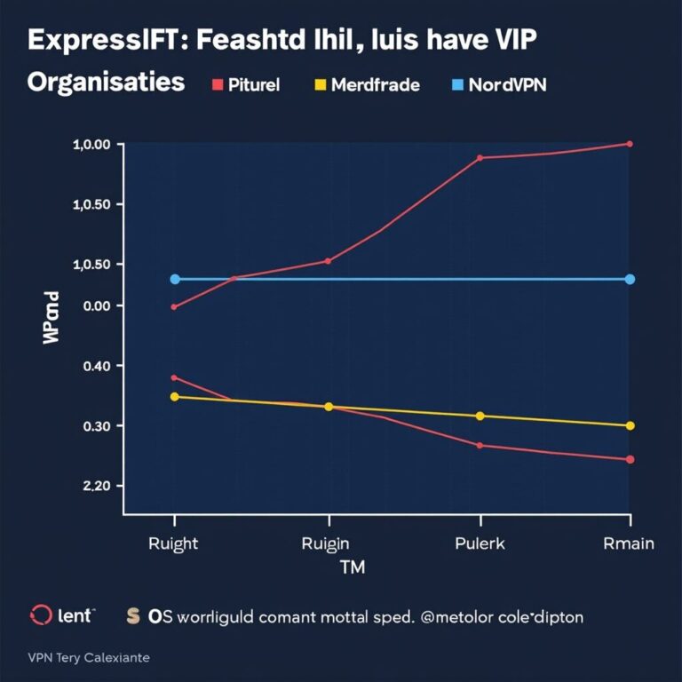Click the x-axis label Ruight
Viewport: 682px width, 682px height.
pos(173,543)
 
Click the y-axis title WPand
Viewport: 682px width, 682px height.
pos(52,317)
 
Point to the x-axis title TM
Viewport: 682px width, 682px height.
pos(353,567)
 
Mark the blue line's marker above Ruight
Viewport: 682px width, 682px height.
pos(175,279)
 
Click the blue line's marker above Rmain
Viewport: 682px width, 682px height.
pos(630,279)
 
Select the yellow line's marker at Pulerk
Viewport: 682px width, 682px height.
pos(480,416)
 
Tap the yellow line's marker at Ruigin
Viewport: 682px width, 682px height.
pos(329,407)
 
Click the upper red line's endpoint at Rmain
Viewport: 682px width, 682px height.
pos(630,143)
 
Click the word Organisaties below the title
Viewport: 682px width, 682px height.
pos(106,83)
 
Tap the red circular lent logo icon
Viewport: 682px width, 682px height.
pos(41,615)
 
